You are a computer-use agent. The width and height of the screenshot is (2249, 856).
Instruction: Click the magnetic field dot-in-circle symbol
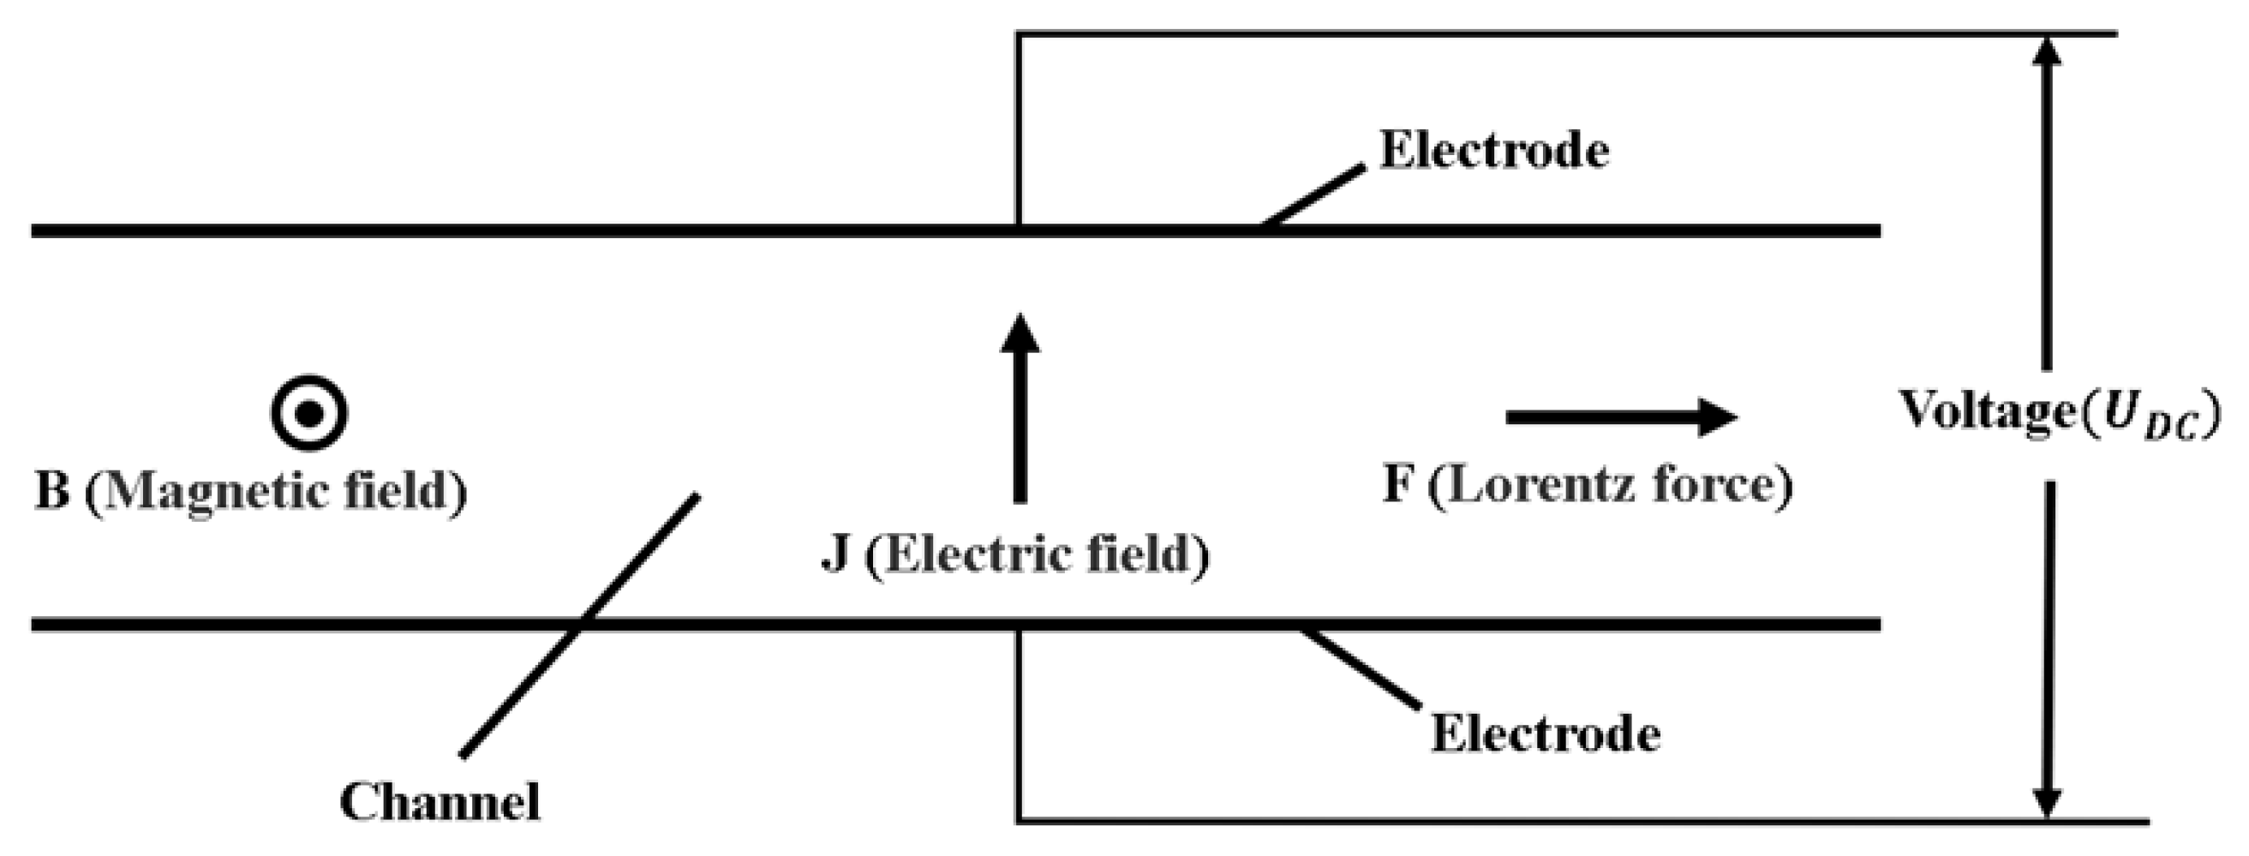tap(309, 413)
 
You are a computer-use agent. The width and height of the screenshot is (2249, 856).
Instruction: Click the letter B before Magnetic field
tap(52, 491)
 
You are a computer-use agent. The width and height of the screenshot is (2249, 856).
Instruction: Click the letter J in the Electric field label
tap(835, 554)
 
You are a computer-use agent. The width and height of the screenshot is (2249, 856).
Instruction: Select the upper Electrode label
tap(1494, 150)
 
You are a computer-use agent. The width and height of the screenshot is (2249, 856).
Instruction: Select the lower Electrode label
tap(1545, 733)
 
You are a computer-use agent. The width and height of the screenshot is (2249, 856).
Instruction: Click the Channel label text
tap(440, 802)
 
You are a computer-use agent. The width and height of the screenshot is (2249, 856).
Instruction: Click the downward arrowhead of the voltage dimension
tap(2048, 802)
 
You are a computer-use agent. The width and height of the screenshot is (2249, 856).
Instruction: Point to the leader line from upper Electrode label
tap(1314, 195)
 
